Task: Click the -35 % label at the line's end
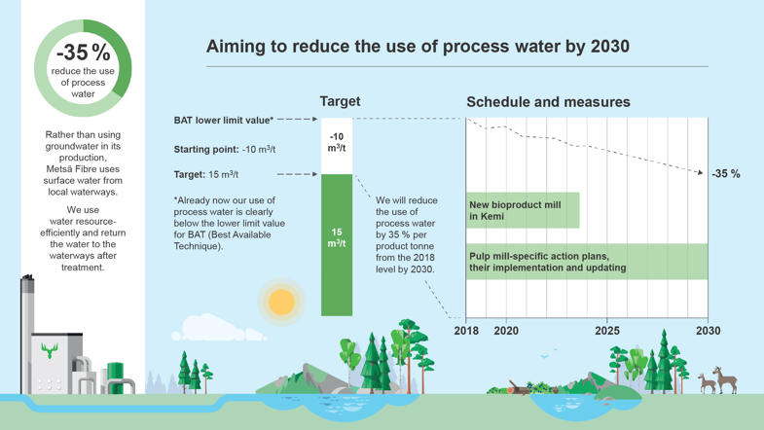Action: click(x=726, y=174)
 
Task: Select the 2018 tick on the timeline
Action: click(x=466, y=331)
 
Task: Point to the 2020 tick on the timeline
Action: click(x=506, y=331)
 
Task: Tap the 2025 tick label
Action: click(x=607, y=331)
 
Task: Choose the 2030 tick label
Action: click(x=709, y=331)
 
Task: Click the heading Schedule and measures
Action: click(x=548, y=102)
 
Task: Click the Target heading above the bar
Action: click(x=340, y=101)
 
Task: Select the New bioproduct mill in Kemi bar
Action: click(x=523, y=210)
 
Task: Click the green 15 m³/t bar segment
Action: click(x=337, y=243)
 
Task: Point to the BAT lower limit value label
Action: click(x=223, y=121)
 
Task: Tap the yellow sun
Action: click(x=281, y=302)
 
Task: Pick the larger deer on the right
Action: click(x=725, y=379)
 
